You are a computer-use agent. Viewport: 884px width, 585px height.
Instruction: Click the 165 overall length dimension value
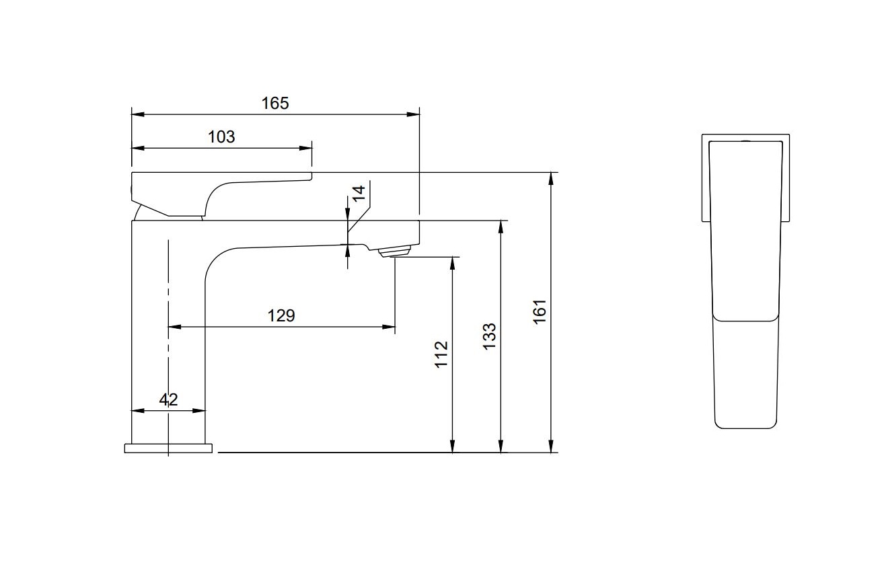(274, 103)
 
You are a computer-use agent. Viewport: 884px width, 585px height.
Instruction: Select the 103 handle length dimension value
(221, 136)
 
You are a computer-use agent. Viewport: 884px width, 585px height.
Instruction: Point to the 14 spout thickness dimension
(359, 194)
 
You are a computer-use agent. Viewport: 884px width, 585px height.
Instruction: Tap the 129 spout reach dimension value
(281, 315)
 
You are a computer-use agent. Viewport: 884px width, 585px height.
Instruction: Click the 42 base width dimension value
(168, 399)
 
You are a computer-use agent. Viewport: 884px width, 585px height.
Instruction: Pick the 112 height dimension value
(441, 354)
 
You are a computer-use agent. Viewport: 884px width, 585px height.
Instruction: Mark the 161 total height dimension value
(540, 312)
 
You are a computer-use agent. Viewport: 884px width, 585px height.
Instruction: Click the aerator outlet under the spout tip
(394, 252)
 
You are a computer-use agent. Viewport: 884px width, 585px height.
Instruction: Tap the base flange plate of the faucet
(168, 448)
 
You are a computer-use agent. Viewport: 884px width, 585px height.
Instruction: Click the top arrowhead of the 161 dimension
(551, 178)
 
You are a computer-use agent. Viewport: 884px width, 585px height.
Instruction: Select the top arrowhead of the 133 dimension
(501, 225)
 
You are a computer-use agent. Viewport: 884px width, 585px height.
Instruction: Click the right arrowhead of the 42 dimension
(200, 410)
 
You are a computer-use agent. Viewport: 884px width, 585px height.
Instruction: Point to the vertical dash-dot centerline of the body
(168, 303)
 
